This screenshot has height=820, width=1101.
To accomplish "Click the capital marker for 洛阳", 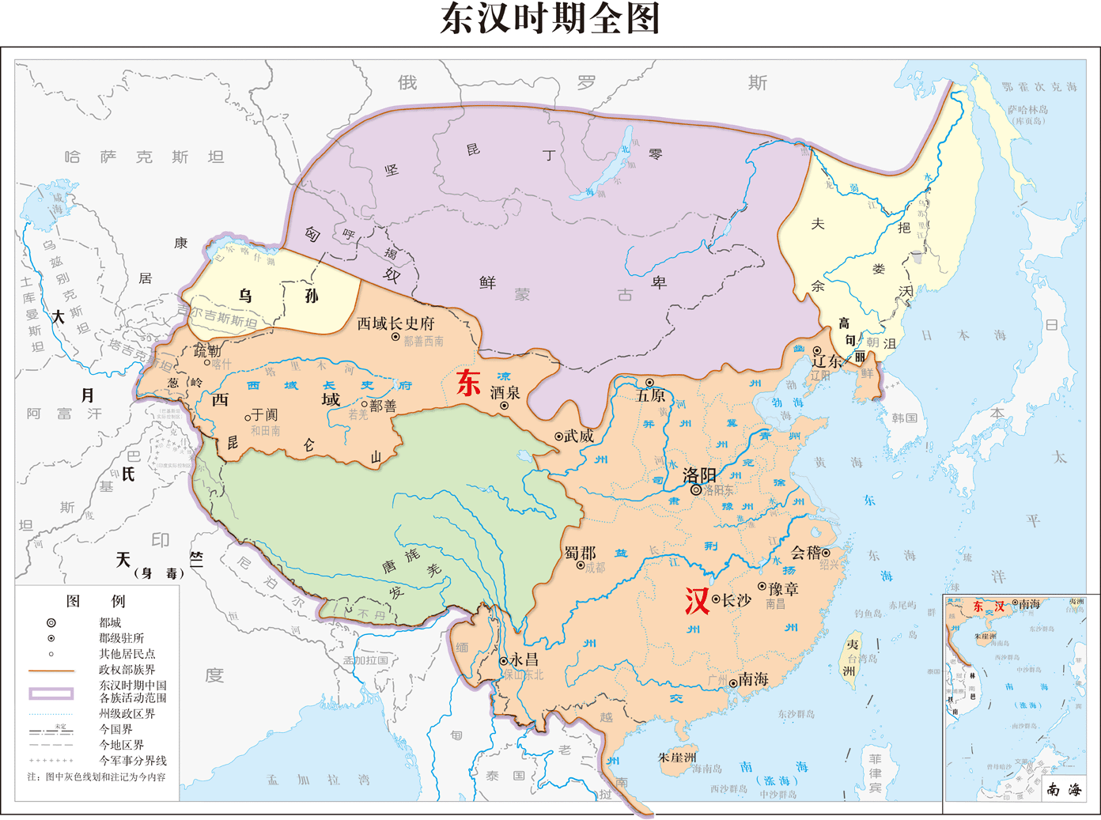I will pos(696,490).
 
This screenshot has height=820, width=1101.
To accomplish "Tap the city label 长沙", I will pos(736,600).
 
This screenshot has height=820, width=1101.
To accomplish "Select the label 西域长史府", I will pos(395,323).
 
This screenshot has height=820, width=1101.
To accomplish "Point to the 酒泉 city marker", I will pos(504,406).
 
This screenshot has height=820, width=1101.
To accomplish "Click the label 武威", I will pos(579,436).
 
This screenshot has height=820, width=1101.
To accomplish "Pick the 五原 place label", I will pos(650,395).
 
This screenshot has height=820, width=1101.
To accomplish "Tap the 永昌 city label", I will pos(524,659).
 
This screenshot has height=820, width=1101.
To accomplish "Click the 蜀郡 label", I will pos(580,553).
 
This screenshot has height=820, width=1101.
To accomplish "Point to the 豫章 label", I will pos(783,589).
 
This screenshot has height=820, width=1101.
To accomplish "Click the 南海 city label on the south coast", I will pos(754,679).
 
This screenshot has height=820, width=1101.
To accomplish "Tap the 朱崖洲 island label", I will pos(677,757).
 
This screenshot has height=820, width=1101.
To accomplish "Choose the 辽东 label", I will pos(827,361).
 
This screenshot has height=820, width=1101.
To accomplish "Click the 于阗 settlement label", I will pos(264,414).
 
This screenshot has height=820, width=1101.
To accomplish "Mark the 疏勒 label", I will pos(207,350).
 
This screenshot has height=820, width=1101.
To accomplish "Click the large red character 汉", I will pos(697,601).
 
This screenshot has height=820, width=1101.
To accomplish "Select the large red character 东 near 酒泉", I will pos(468,383).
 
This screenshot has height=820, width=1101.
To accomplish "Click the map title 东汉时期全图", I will pos(550,19).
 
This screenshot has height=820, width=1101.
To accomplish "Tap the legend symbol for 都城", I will pos(51,622).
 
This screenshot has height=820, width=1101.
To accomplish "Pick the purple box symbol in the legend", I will pos(51,693).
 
